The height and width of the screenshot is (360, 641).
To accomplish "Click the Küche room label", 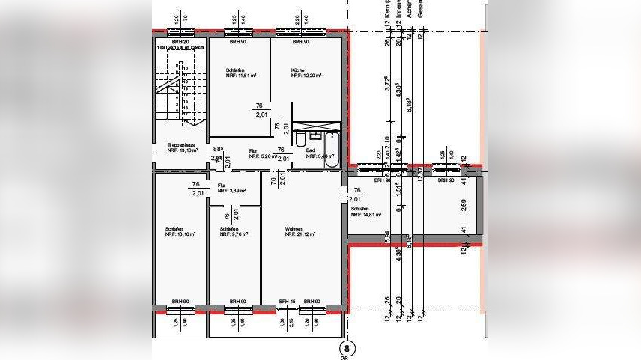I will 298,70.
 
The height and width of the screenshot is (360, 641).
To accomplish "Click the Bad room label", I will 310,151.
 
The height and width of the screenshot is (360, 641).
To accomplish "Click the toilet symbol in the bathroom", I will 300,140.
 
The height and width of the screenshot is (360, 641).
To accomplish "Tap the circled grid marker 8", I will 347,348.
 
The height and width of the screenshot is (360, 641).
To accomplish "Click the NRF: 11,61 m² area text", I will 242,76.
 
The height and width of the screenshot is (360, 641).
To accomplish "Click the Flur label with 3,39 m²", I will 222,186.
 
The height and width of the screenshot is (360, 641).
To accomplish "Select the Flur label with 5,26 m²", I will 253,151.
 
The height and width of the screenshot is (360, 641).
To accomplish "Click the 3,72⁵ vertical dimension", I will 387,84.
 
